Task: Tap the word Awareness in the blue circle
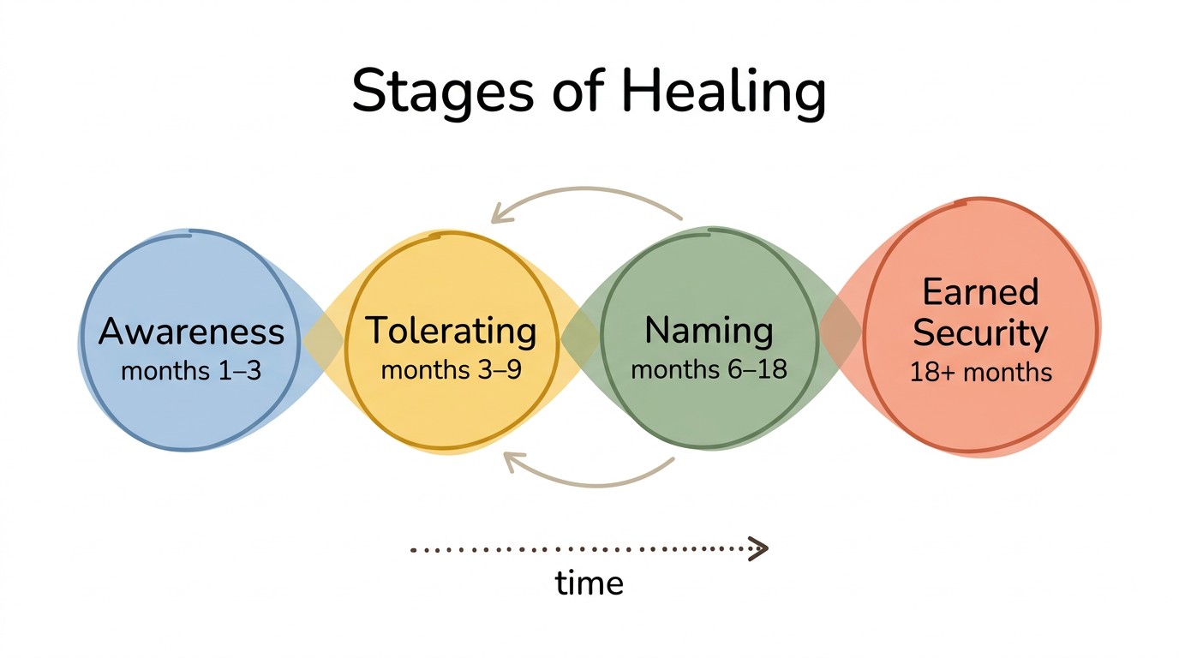191,332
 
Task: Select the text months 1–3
191,371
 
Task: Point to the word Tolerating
452,332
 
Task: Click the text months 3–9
452,371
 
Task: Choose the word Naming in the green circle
709,329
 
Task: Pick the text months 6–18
709,369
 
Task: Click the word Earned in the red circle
980,292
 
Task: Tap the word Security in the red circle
980,333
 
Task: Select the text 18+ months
980,373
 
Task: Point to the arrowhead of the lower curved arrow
512,460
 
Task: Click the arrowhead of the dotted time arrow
758,548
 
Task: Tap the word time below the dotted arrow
589,583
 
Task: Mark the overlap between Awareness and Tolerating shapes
322,338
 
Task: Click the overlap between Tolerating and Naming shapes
580,338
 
